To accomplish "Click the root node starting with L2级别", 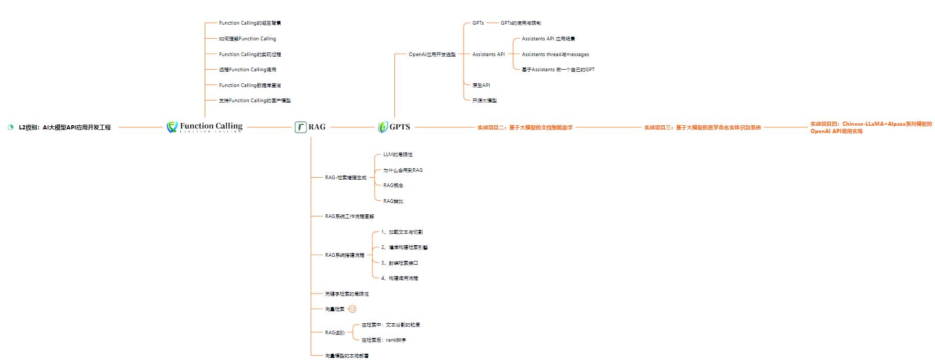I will pos(64,127).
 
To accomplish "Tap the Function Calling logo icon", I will pos(172,127).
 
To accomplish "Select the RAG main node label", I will pos(316,127).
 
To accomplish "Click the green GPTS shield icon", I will pos(383,127).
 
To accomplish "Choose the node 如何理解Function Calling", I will pos(247,39).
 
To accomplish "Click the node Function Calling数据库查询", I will pos(250,85).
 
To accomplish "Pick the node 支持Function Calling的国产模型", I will pos(255,101).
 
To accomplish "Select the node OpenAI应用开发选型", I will pos(432,54).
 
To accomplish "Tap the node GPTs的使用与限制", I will pos(521,23).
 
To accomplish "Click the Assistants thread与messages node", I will pos(555,54).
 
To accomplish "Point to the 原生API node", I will pos(481,85).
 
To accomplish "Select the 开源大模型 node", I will pos(484,101).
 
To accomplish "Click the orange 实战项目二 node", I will pos(525,127).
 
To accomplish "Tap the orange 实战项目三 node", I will pos(702,127).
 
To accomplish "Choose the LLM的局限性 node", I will pos(398,155).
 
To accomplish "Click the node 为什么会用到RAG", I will pos(403,170).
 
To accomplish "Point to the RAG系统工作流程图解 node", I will pos(349,216).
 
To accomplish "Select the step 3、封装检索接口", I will pos(399,263).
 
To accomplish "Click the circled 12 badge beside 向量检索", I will pos(353,309).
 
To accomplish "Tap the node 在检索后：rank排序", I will pos(383,340).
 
